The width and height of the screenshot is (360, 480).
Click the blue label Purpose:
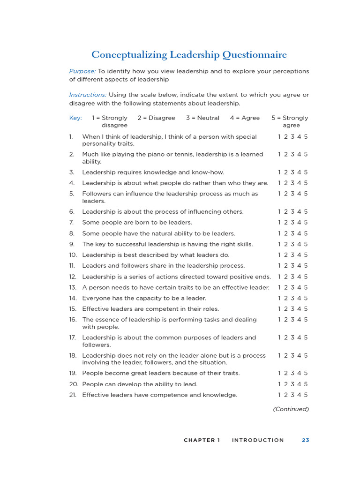coord(82,71)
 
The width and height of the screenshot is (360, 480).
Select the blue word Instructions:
coord(88,95)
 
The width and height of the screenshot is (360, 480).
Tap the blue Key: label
coord(75,118)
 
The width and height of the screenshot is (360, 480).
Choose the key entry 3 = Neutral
coord(202,118)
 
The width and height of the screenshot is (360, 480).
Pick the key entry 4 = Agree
coord(245,118)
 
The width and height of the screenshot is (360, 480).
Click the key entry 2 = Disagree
coord(156,118)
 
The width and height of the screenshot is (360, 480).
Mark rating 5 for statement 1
coord(306,137)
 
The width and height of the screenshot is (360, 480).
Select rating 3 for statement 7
coord(292,223)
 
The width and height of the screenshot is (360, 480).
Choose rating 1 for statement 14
coord(279,298)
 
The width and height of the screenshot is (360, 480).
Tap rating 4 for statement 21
coord(299,395)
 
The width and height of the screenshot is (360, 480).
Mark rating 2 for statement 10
coord(286,255)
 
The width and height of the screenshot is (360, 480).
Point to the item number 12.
coord(73,277)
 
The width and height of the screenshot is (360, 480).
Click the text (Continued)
coord(291,409)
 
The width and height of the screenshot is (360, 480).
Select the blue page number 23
coord(305,440)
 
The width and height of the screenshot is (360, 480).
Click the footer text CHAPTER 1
coord(202,440)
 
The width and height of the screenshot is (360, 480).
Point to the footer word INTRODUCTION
coord(258,440)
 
